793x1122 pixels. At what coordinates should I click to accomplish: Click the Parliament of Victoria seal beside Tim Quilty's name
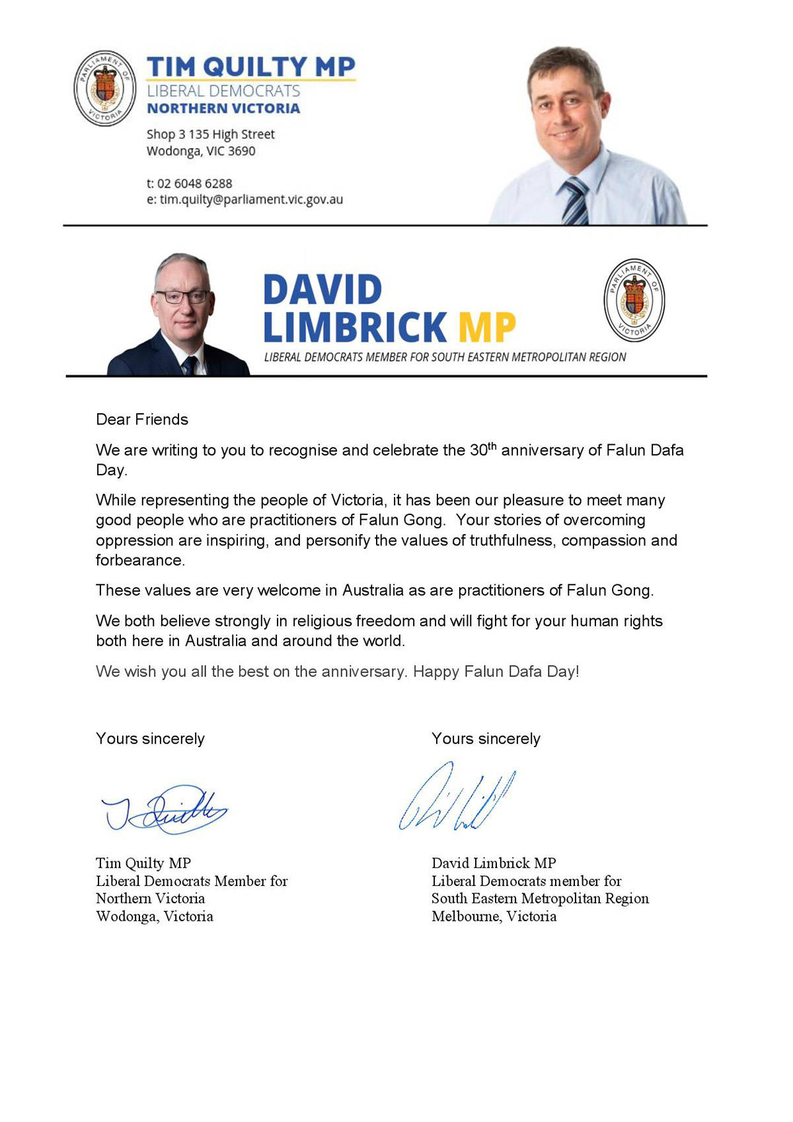pos(104,88)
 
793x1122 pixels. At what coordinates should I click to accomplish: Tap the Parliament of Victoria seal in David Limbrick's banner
pos(634,300)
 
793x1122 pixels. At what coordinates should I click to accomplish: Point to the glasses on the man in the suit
pos(182,297)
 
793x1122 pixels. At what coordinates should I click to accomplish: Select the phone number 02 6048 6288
pos(194,183)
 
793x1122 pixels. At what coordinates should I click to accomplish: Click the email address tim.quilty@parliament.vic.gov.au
pos(251,199)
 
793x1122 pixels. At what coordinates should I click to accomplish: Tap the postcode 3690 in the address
pos(241,151)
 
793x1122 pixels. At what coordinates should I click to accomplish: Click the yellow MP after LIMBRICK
pos(486,327)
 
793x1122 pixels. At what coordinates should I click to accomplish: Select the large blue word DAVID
pos(322,290)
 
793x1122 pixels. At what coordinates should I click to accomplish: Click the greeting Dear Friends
pos(142,419)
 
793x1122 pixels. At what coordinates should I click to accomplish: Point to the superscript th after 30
pos(492,446)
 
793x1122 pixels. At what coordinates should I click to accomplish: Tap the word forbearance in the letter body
pos(139,560)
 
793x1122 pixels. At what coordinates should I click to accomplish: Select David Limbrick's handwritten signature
pos(457,797)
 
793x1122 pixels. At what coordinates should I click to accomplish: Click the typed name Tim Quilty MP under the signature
pos(143,863)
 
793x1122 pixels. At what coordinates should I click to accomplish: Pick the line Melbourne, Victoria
pos(494,916)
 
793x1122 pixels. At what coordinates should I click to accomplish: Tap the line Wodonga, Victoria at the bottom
pos(155,916)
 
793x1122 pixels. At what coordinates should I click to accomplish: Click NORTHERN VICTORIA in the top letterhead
pos(223,108)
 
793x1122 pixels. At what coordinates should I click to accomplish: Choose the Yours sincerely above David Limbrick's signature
pos(486,739)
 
